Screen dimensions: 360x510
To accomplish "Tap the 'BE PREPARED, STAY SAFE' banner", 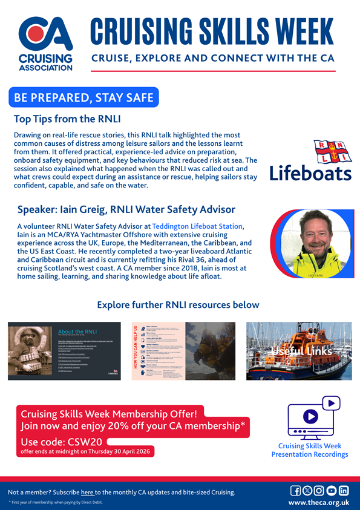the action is coord(83,97).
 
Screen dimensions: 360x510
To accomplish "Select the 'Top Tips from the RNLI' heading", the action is coord(67,119).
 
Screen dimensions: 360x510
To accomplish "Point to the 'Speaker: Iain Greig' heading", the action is coord(126,209).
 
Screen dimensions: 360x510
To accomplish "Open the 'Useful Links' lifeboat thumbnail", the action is coord(299,351).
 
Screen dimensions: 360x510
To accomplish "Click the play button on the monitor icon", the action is coord(310,416).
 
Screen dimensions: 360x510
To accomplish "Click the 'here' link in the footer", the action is coord(87,492).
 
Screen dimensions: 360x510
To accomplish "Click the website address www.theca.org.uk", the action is coord(319,503).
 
